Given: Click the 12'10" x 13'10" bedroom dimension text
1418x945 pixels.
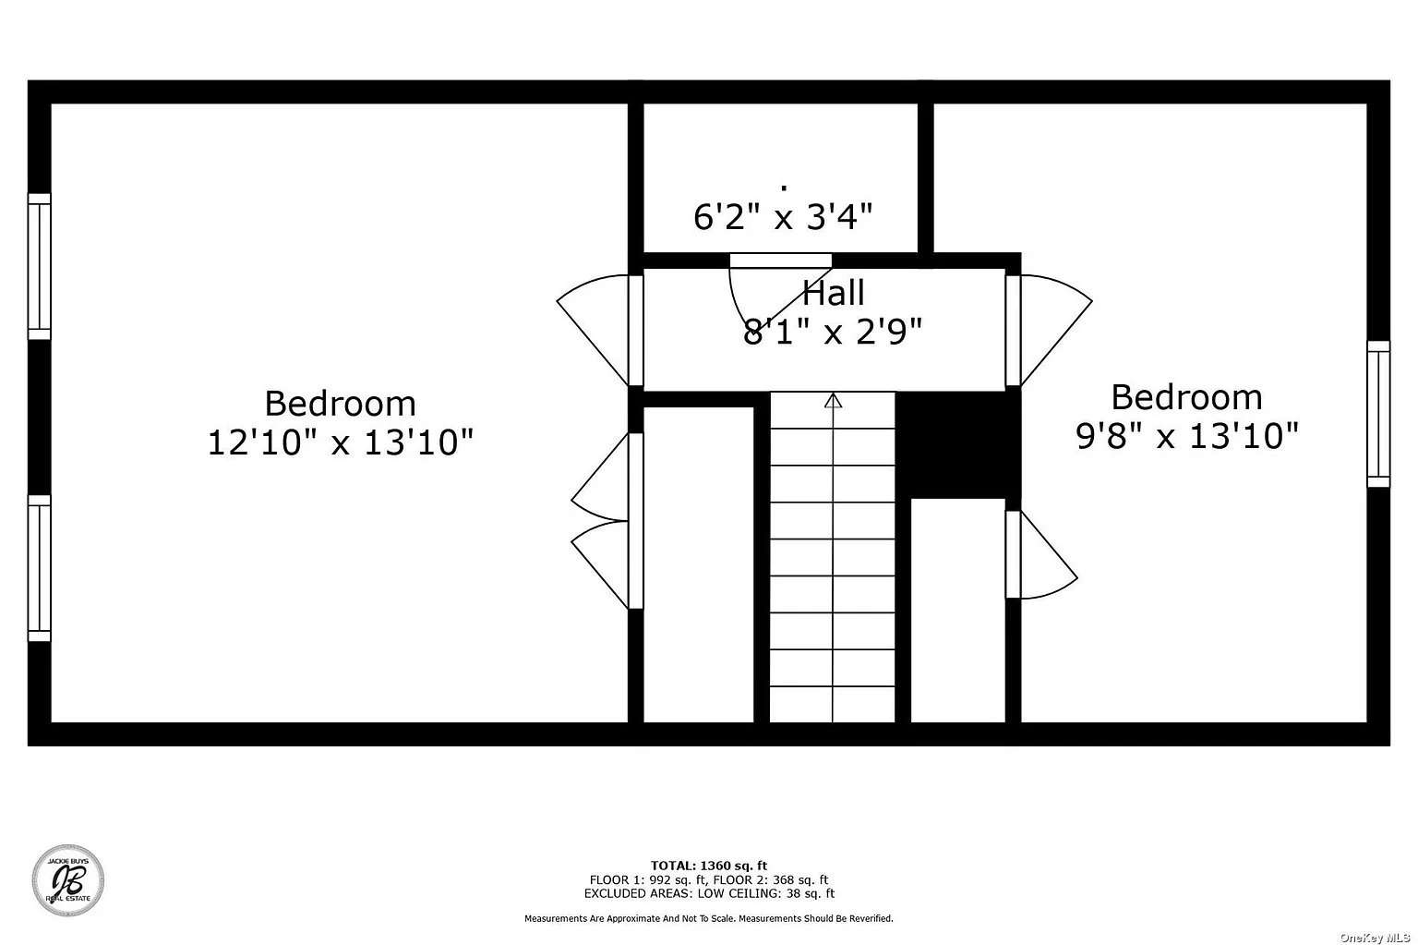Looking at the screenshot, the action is click(x=341, y=442).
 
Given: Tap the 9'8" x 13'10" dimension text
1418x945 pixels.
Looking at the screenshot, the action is click(x=1187, y=436).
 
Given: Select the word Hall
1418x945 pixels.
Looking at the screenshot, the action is click(x=833, y=293).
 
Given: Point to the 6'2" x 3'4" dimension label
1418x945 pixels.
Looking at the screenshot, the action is click(x=783, y=216).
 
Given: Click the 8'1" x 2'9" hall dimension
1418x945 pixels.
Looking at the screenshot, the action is click(x=833, y=332).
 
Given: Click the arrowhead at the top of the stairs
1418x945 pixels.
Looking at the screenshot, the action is click(x=833, y=400).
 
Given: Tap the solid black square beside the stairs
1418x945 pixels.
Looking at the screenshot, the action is click(x=957, y=444).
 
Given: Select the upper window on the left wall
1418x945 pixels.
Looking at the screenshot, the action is click(x=40, y=267).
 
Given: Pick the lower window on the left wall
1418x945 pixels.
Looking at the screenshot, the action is click(x=40, y=568).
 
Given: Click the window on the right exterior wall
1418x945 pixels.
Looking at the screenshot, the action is click(x=1378, y=414).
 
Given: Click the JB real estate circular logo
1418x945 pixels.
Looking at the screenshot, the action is click(x=68, y=880).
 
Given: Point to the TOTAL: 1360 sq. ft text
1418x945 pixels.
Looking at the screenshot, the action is click(x=708, y=866).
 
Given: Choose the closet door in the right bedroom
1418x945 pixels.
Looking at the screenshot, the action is click(x=1041, y=554).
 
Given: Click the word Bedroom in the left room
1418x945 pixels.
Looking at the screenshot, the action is click(x=340, y=404).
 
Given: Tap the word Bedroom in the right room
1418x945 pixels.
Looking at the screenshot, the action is click(x=1187, y=398).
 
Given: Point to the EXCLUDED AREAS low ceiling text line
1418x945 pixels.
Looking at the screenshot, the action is click(x=709, y=893).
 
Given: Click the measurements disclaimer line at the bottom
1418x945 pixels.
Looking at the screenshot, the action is click(x=708, y=918).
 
